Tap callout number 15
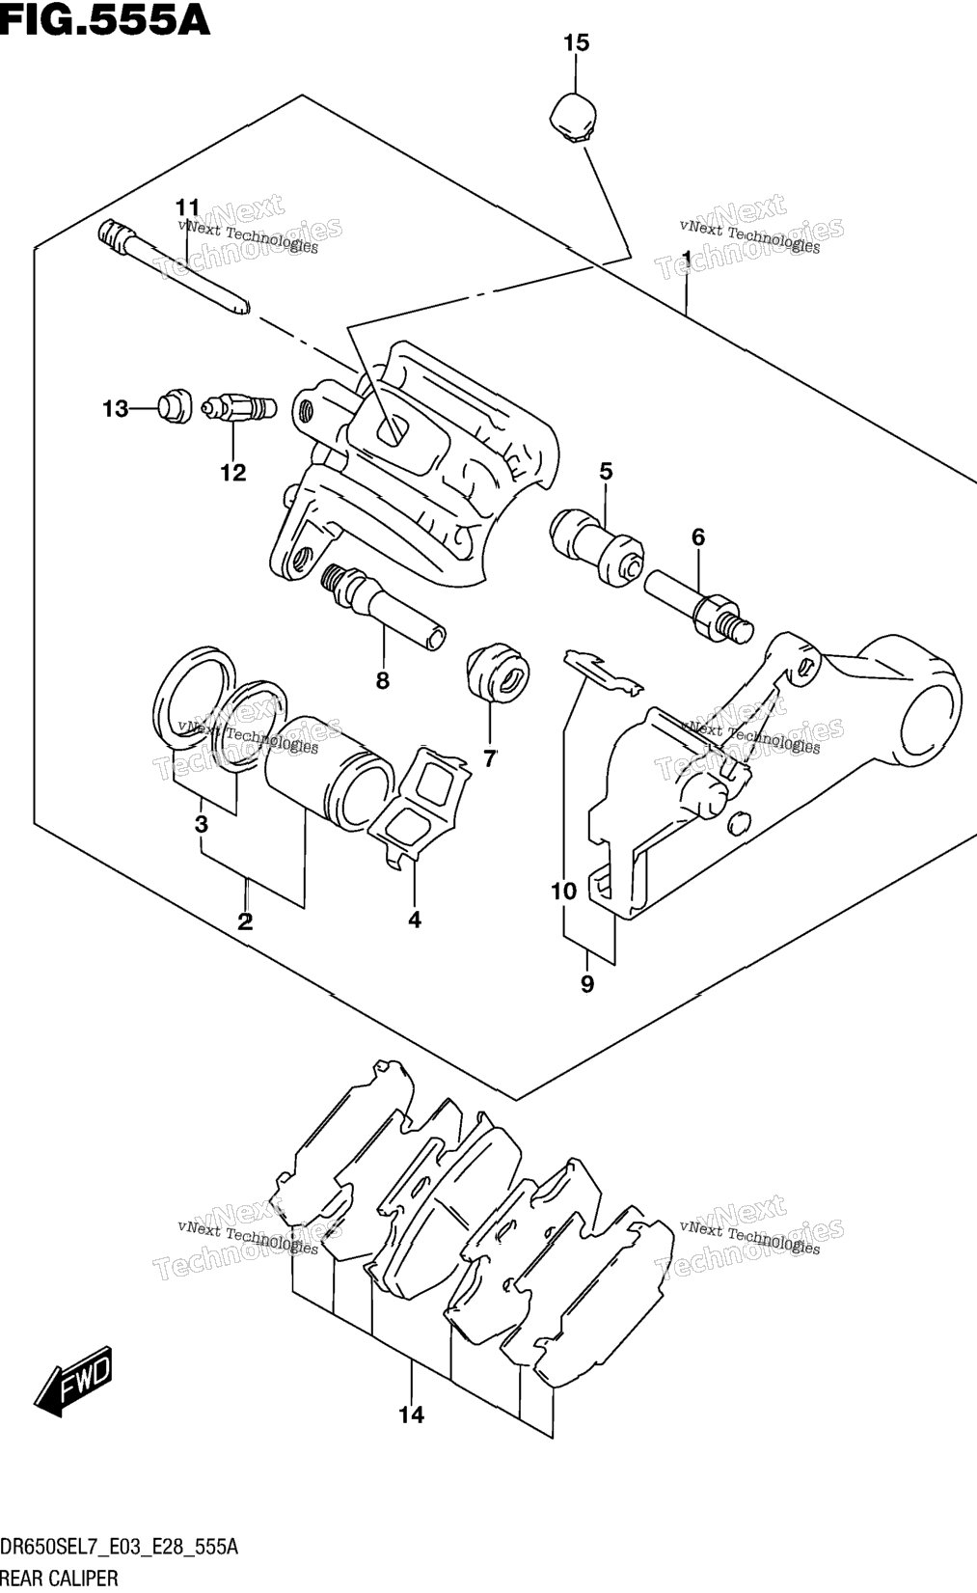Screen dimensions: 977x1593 point(577,43)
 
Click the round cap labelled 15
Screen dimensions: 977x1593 point(574,116)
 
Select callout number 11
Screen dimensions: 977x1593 point(188,207)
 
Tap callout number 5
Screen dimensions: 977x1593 point(606,471)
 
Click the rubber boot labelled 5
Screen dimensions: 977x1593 point(596,545)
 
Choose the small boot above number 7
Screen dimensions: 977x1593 point(498,673)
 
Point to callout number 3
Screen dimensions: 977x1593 point(202,824)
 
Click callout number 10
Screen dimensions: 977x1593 point(564,891)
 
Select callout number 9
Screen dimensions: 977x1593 point(587,984)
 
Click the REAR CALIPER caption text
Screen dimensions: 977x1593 point(60,1579)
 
